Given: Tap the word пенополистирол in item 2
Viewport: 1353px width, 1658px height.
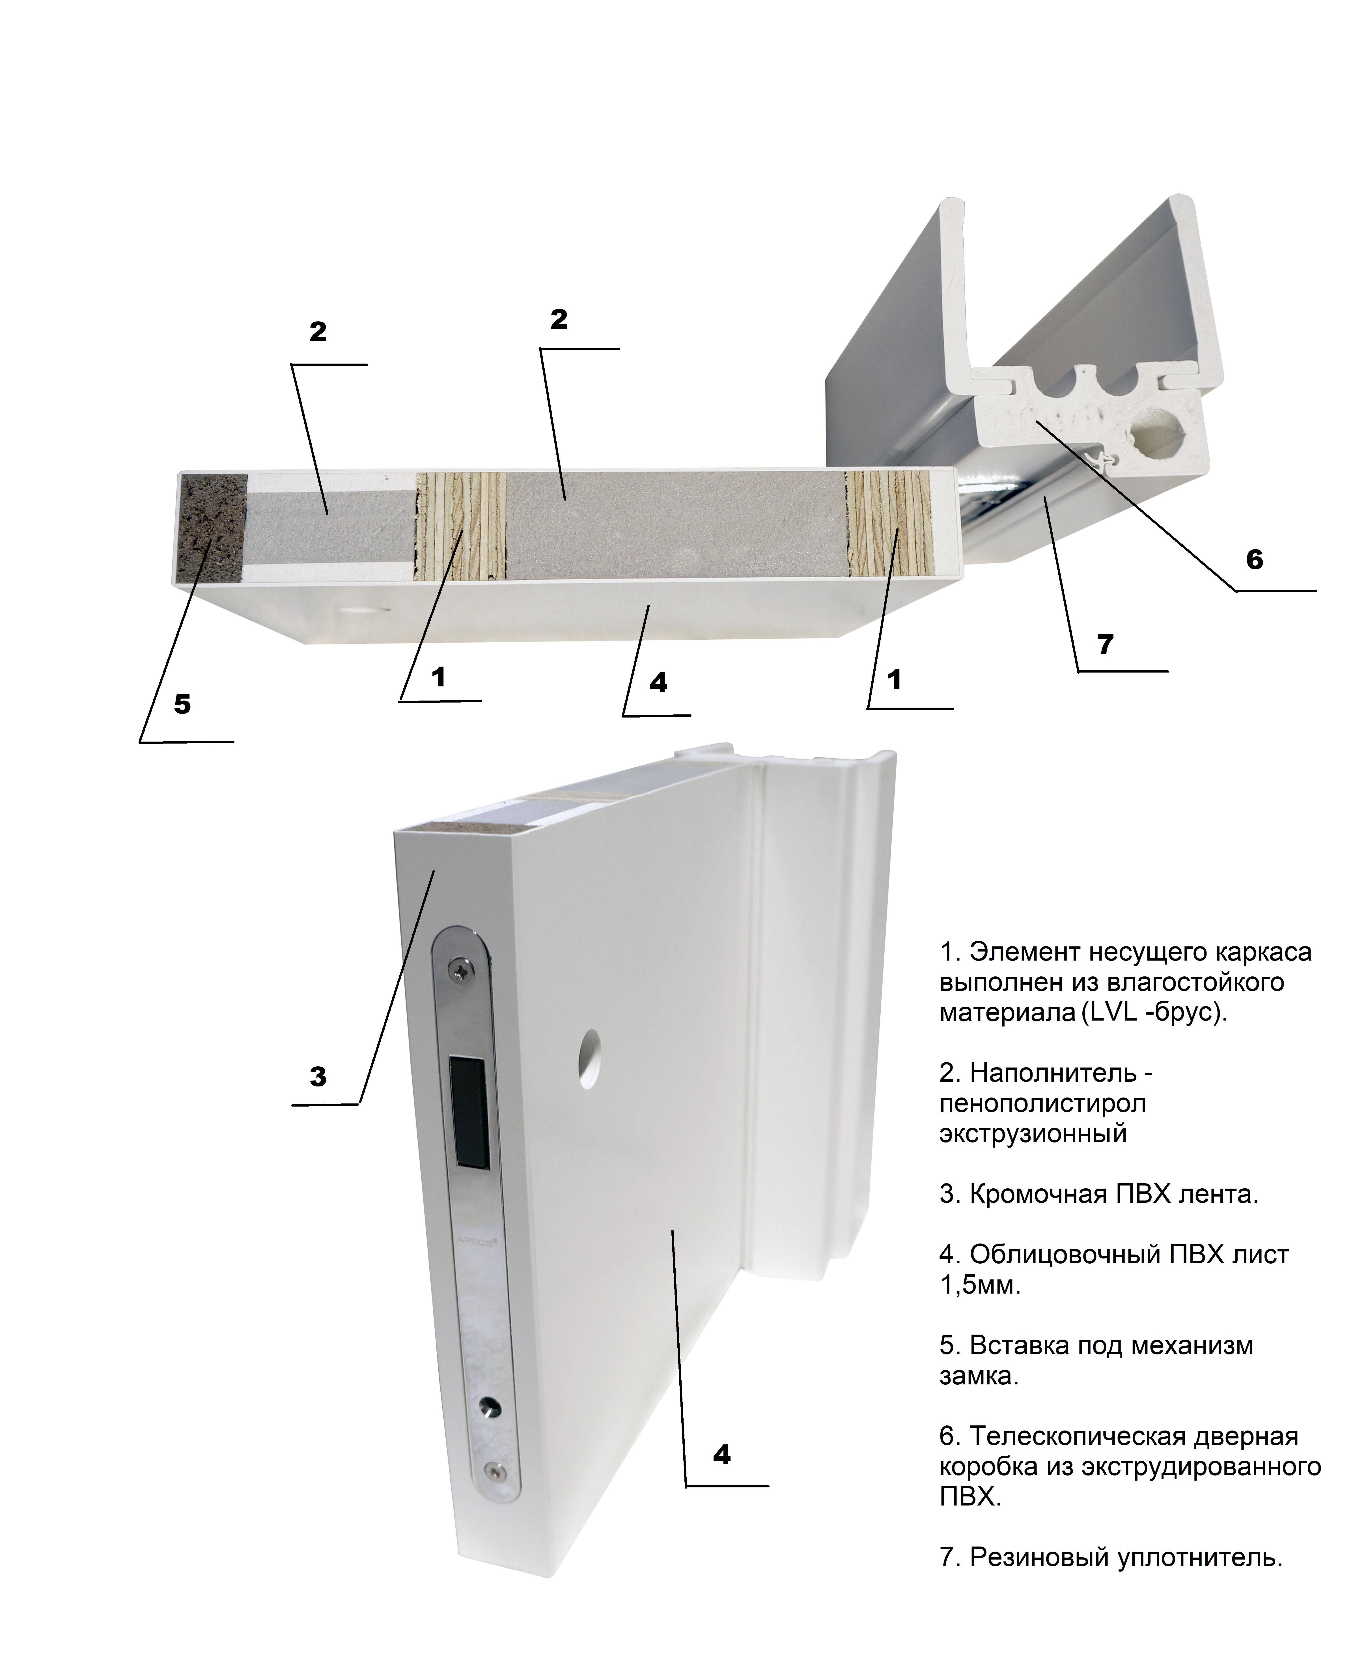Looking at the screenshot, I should click(x=1042, y=1103).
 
